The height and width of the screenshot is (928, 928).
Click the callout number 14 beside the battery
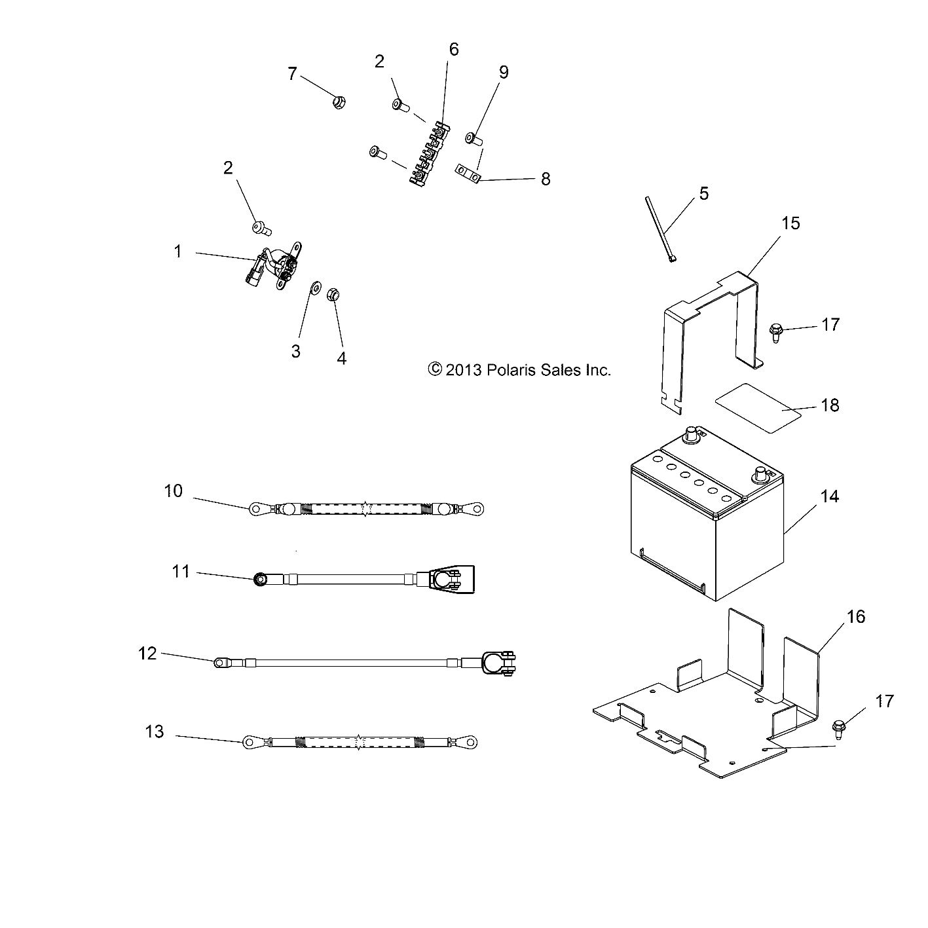[828, 496]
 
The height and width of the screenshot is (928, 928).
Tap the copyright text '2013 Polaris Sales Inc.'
[519, 370]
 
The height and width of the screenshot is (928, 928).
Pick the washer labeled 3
[314, 287]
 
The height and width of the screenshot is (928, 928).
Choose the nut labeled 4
[332, 296]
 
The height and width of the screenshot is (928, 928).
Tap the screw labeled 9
[473, 139]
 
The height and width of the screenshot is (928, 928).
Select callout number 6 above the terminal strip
[454, 50]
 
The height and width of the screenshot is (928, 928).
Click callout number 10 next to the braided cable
[173, 491]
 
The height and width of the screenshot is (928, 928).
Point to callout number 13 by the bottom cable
[155, 731]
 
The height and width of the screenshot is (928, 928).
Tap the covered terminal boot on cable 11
[451, 579]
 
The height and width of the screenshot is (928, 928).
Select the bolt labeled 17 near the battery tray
[839, 725]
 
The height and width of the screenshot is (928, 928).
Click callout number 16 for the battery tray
[855, 617]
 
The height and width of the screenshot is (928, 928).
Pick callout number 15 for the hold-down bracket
[790, 223]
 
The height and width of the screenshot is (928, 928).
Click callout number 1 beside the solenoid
[177, 251]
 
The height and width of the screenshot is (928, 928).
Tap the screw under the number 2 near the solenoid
[261, 228]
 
